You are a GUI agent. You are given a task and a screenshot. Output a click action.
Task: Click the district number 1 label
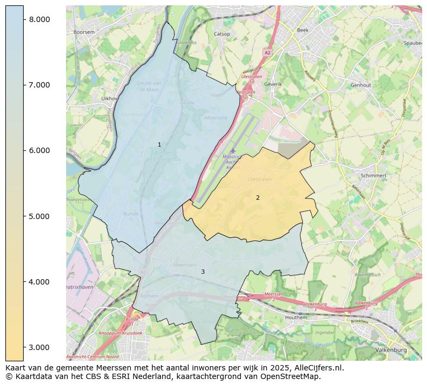pos(159,145)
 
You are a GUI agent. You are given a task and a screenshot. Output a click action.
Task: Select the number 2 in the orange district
pos(258,198)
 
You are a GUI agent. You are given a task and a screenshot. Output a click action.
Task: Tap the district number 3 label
pos(203,272)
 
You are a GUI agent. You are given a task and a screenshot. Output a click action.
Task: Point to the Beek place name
pos(303,31)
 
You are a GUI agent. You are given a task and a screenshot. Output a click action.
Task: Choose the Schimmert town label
pos(374,176)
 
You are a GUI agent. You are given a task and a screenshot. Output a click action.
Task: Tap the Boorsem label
pos(84,32)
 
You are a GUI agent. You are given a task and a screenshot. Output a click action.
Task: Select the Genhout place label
pos(360,85)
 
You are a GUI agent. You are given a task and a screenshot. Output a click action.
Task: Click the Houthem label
pos(311,318)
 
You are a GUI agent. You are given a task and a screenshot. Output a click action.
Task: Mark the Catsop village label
pos(222,34)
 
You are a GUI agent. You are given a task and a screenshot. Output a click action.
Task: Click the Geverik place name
pos(273,84)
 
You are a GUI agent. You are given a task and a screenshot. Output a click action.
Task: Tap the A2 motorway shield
pos(267,53)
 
